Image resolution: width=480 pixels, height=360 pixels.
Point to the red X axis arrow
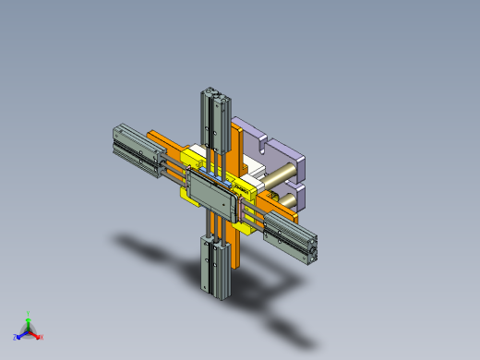pos(36,334)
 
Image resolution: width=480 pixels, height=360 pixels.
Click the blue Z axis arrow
pos(21,334)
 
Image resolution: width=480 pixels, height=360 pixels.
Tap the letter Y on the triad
pos(29,314)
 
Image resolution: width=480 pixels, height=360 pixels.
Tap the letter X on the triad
pos(42,337)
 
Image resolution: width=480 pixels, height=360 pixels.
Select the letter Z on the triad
pos(16,337)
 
